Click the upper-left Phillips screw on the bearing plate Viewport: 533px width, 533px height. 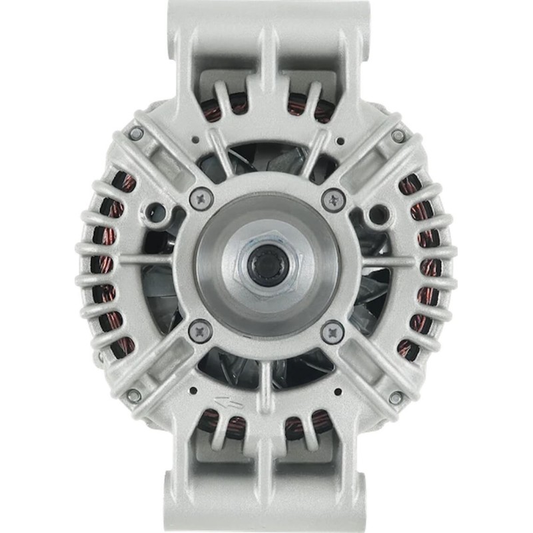tap(201, 197)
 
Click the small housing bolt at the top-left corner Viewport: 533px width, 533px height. tap(136, 133)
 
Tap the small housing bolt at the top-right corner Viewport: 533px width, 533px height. tap(398, 135)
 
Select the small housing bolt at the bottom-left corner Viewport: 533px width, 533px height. tap(134, 395)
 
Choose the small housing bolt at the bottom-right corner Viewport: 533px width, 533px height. tap(396, 398)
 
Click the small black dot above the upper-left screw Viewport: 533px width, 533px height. tap(193, 141)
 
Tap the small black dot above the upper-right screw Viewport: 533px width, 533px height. tap(341, 141)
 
